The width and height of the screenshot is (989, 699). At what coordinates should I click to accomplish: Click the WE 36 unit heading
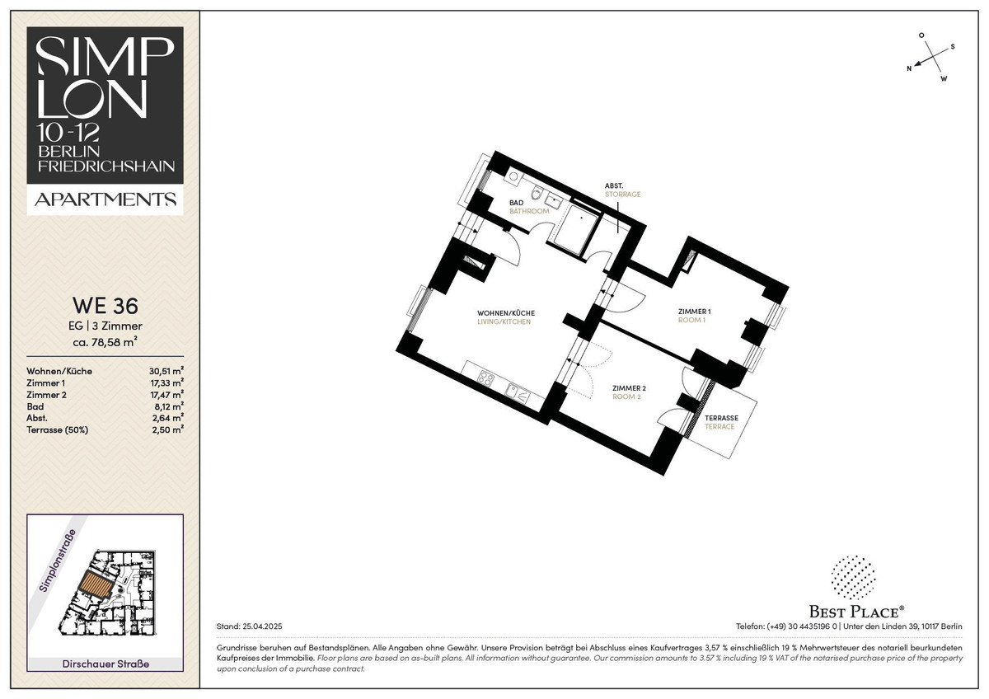coord(105,305)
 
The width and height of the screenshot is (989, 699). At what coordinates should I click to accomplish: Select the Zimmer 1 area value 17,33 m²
coord(166,382)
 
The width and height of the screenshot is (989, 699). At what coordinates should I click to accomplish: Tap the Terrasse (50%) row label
coord(58,430)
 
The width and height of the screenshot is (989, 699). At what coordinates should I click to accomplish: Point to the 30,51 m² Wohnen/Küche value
coord(166,371)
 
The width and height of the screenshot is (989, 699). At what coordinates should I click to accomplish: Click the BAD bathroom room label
coord(516,203)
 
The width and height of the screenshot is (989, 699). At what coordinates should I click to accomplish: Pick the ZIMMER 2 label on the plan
coord(629,388)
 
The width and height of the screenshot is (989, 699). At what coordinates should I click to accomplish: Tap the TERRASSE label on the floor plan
coord(721,418)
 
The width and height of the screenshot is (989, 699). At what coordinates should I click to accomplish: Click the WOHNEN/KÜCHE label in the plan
coord(506,313)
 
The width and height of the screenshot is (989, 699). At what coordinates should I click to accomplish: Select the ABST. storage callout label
coord(614,186)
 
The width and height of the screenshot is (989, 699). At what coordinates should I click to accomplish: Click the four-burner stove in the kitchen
coord(486,378)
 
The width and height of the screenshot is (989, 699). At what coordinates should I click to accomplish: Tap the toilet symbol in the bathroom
coord(537,194)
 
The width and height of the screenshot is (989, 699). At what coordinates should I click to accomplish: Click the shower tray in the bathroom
coord(576,231)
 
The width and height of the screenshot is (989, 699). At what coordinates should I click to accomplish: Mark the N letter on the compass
coord(909,68)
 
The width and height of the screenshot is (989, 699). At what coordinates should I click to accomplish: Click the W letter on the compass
coord(944,79)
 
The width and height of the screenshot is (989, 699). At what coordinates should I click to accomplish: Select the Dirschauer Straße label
coord(105,664)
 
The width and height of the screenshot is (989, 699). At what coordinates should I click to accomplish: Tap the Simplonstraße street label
coord(58,561)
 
